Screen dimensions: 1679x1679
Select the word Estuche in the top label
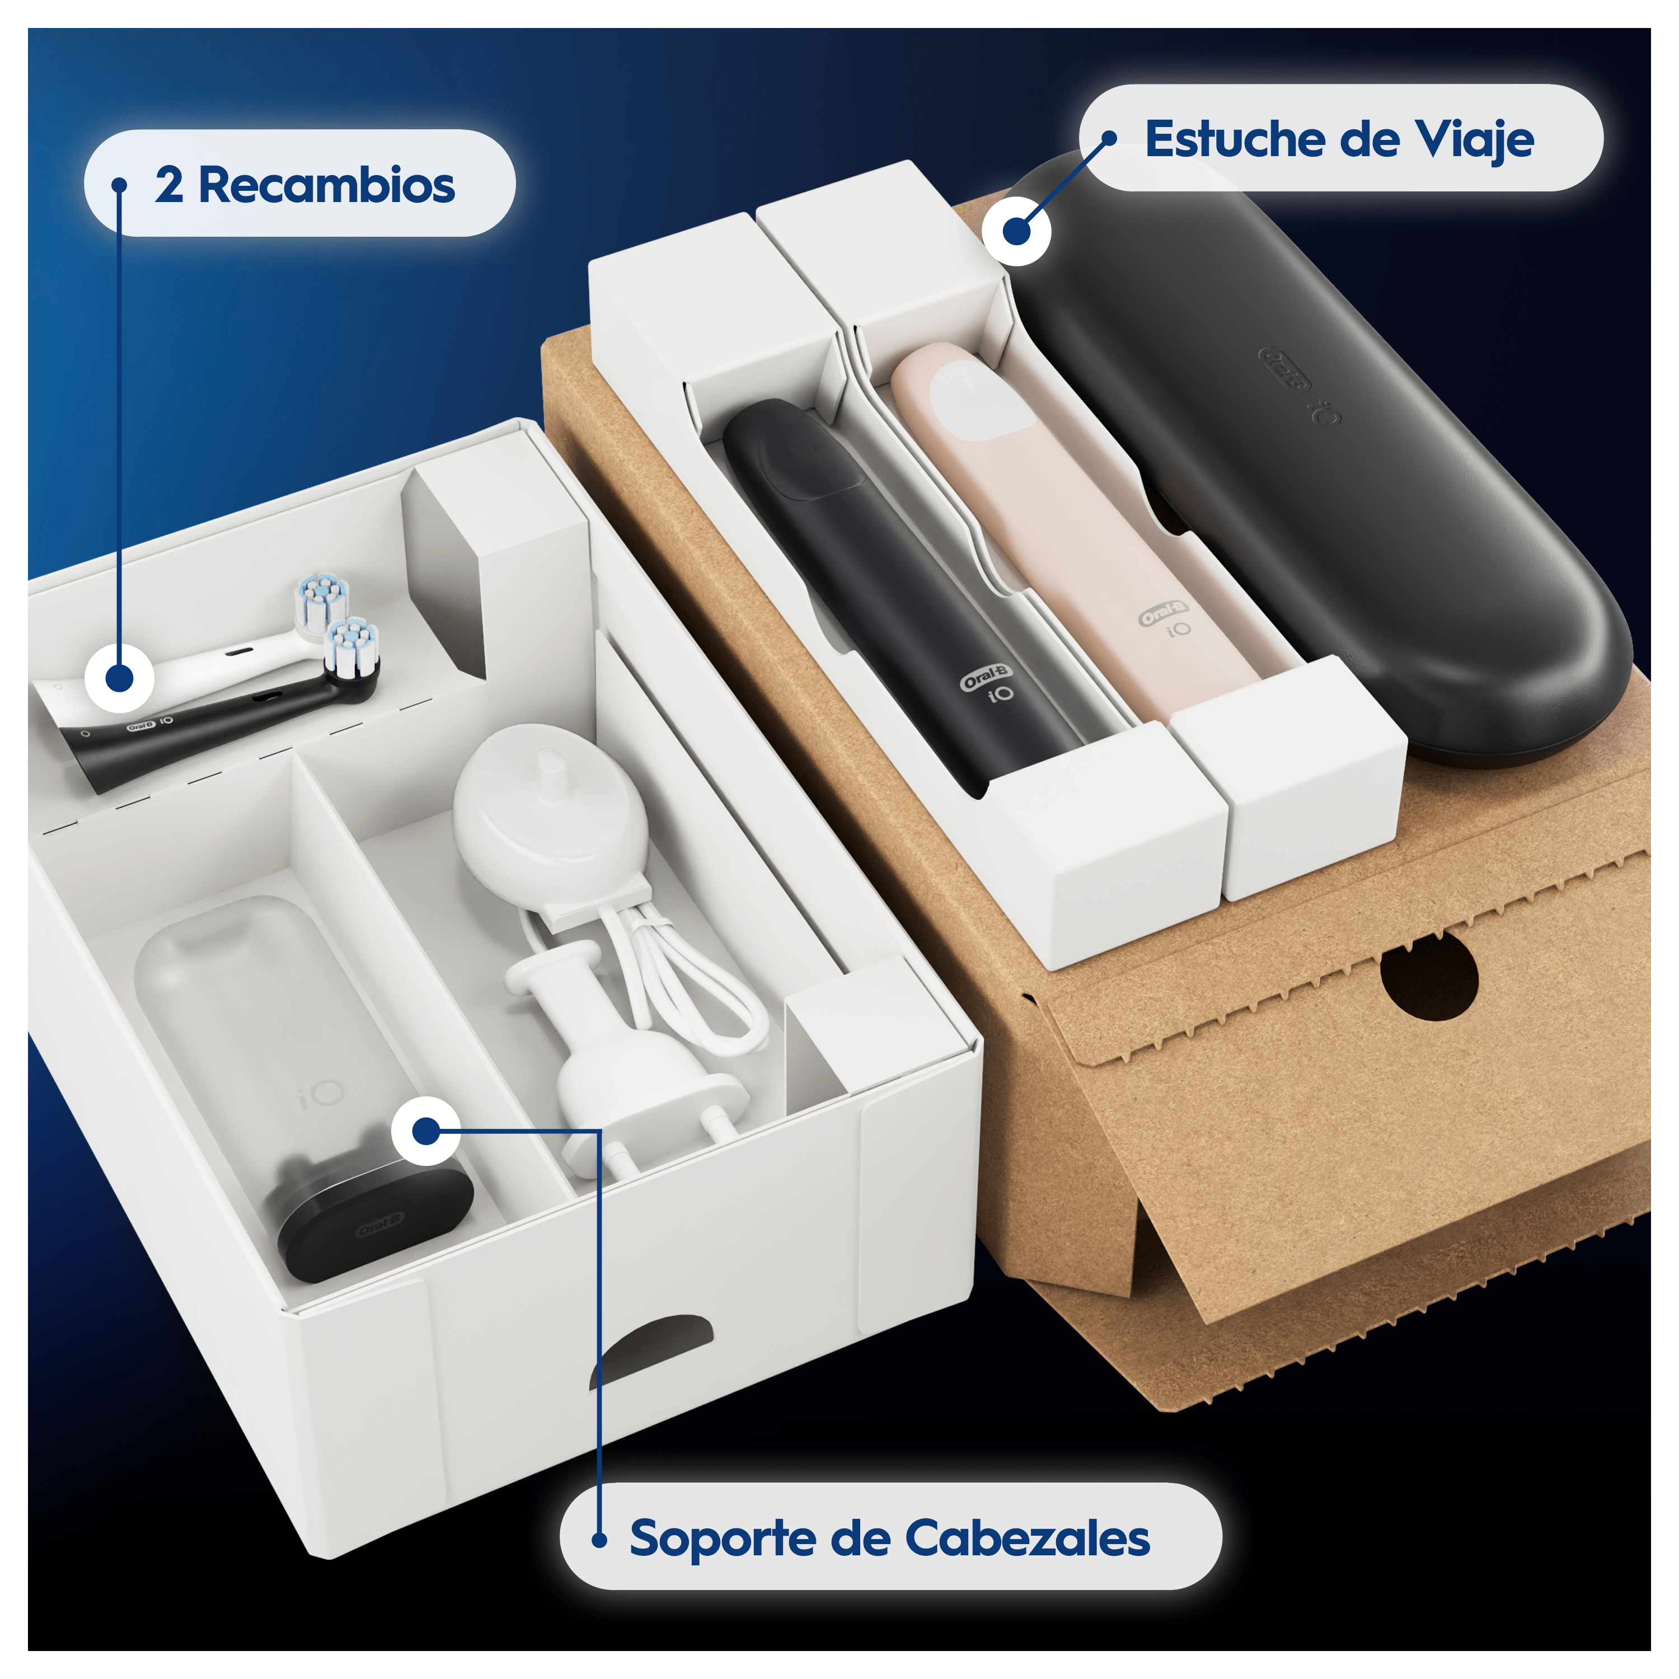(x=1228, y=139)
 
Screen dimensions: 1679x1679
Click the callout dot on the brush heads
(x=120, y=678)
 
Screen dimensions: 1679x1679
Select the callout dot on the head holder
(x=426, y=1131)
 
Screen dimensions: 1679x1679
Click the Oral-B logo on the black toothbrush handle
(x=986, y=676)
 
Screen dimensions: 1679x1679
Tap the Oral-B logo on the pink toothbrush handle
(x=1163, y=613)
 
